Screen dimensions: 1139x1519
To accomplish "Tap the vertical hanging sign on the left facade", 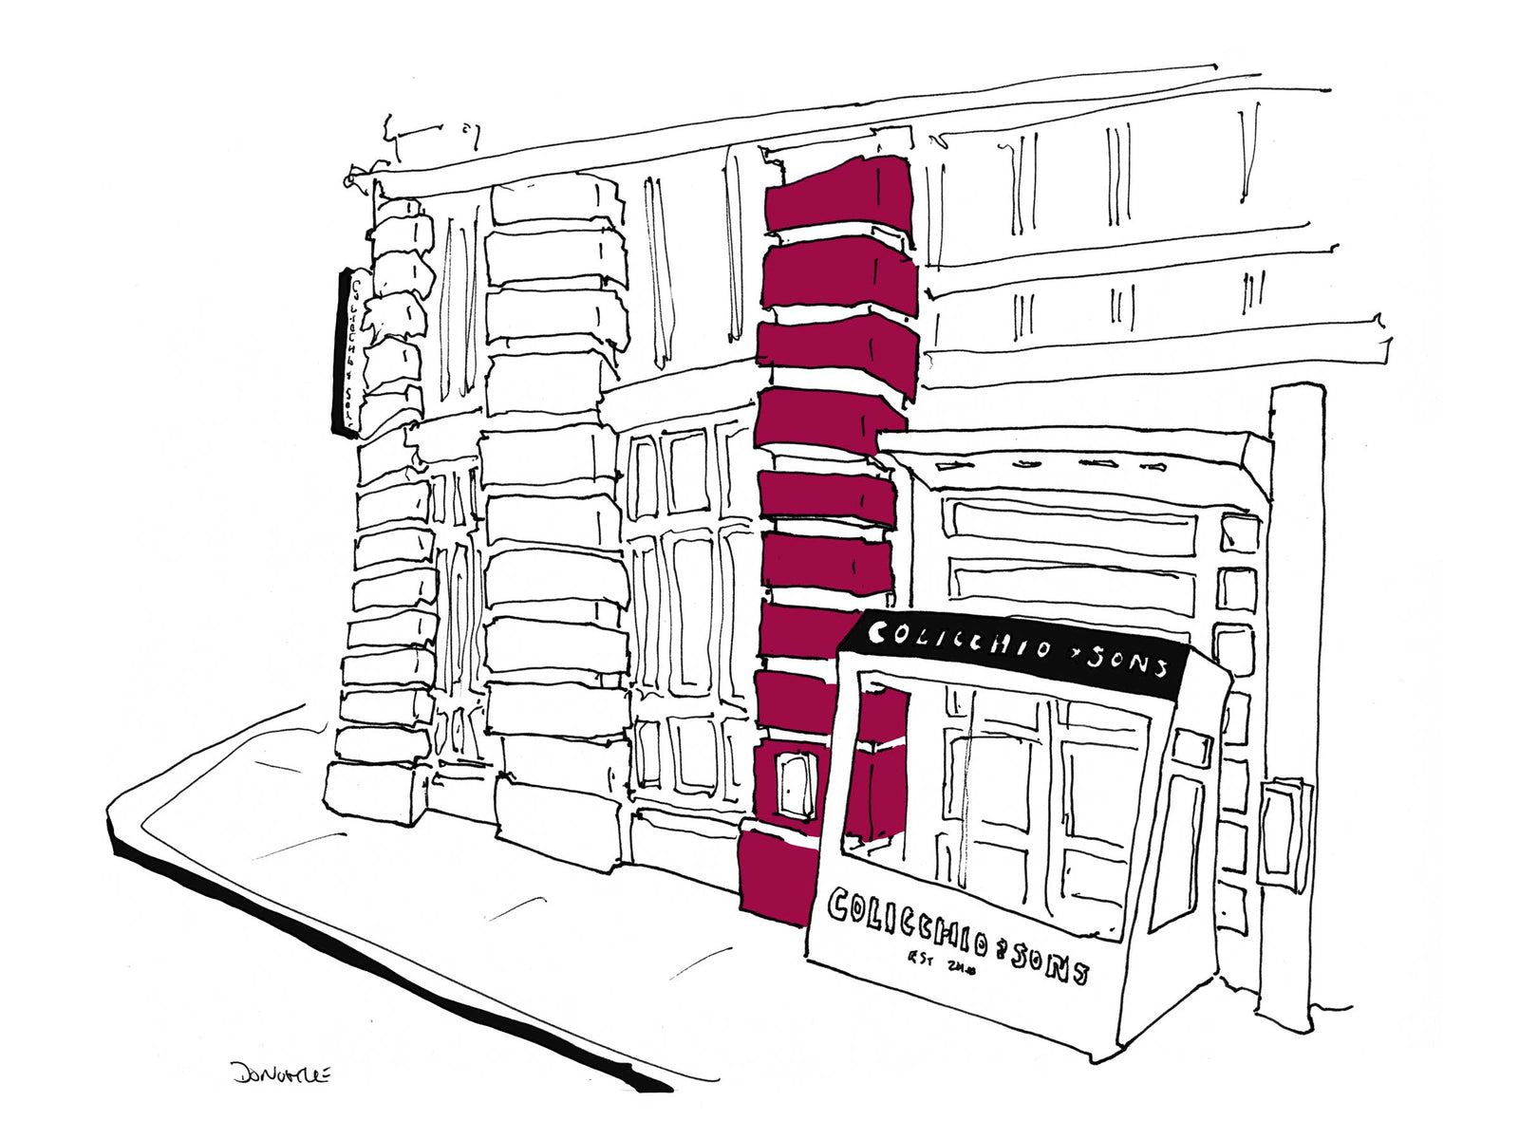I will tap(346, 351).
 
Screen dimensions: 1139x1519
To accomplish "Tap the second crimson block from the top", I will tap(841, 275).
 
